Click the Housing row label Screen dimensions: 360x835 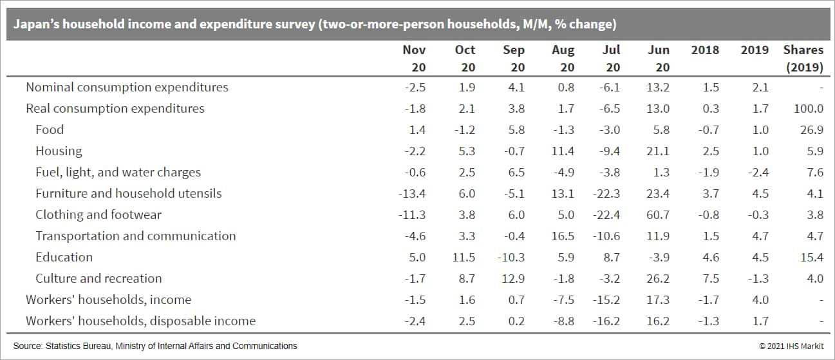59,151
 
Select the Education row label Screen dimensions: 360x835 64,258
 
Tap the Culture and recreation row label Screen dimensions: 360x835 99,279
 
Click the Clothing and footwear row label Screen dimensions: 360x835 99,215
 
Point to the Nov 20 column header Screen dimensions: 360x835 414,58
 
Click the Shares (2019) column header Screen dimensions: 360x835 803,58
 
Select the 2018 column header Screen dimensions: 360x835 705,50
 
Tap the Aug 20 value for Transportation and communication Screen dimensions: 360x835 562,236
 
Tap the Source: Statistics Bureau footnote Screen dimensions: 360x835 155,346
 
